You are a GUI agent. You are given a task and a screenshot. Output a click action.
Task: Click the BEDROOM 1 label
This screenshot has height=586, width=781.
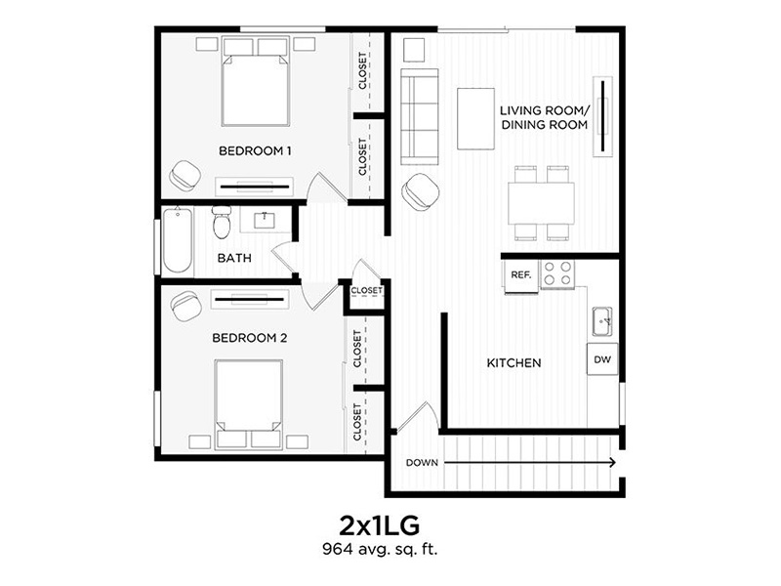click(255, 151)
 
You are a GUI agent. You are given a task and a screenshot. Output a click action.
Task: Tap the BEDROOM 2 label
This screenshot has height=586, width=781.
click(249, 338)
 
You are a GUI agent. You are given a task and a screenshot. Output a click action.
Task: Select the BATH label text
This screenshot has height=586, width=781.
click(234, 259)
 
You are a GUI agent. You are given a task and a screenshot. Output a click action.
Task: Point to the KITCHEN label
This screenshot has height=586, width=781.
click(514, 363)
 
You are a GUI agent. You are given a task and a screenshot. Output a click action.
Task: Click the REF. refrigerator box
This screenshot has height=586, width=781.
click(520, 275)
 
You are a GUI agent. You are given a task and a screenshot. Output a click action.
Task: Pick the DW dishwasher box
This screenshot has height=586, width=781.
click(602, 360)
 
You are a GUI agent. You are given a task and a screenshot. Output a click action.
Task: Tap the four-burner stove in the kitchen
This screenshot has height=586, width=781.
click(559, 273)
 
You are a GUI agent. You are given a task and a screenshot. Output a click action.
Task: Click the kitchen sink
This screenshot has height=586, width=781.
click(602, 319)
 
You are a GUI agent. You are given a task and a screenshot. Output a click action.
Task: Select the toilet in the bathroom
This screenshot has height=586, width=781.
click(222, 224)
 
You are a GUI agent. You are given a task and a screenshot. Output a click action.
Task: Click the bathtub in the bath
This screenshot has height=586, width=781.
click(178, 241)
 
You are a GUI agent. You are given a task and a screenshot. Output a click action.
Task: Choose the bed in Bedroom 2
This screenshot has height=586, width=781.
click(248, 400)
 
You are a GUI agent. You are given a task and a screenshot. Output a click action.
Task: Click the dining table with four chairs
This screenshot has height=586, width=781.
click(540, 203)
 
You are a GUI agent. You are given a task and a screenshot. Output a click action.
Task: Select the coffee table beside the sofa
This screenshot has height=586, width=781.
click(474, 119)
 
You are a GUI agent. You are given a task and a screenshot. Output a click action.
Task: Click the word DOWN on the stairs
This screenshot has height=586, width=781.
click(422, 462)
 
